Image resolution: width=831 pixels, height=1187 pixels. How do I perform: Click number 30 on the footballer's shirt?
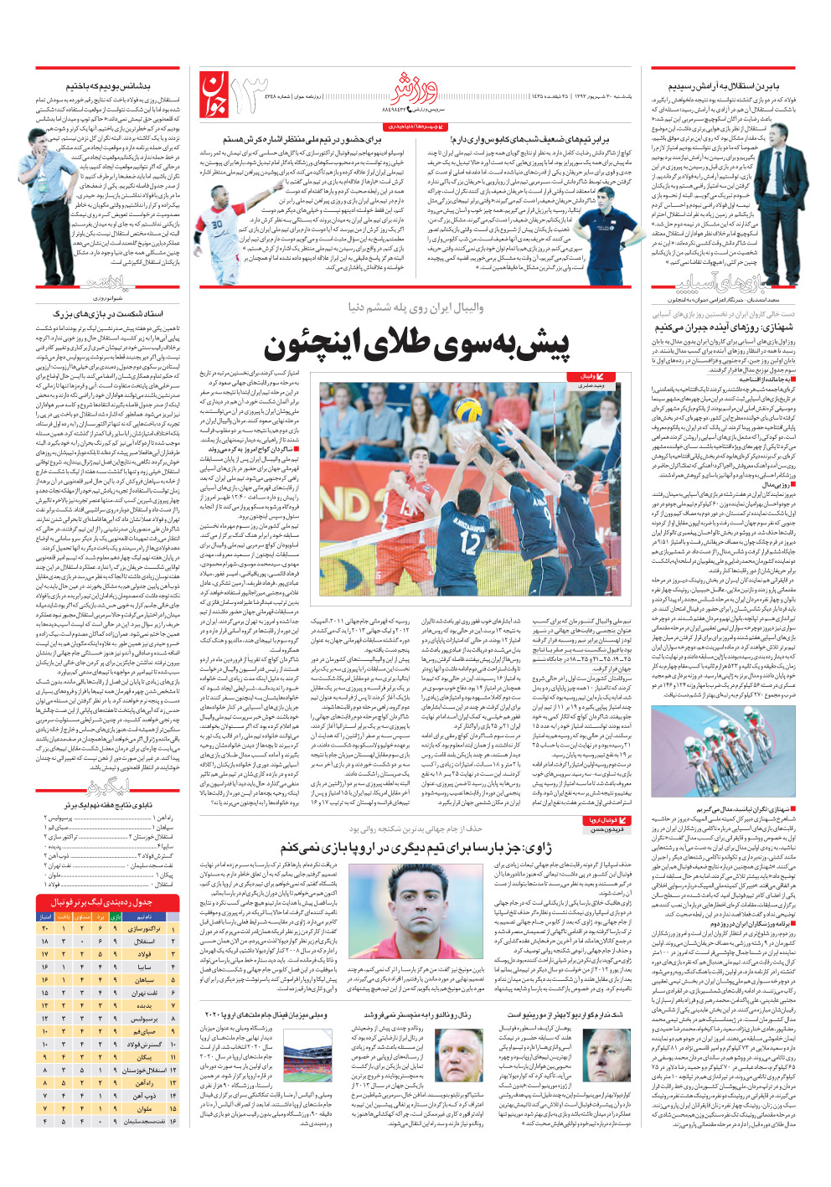217,224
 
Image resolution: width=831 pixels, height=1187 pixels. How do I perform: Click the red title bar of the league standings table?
107,902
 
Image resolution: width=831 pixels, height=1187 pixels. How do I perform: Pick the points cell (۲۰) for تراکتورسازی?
44,928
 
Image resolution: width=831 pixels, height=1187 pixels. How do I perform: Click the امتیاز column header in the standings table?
45,916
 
